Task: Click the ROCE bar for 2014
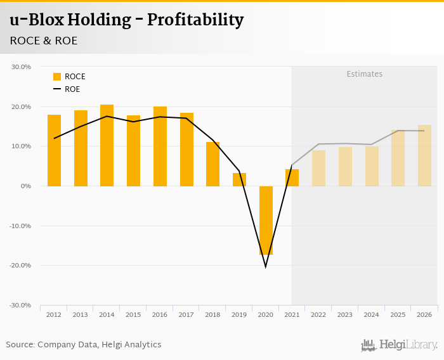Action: click(107, 145)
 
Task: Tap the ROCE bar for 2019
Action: click(239, 179)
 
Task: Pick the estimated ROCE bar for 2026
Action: click(424, 155)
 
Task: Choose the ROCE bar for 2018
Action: click(212, 164)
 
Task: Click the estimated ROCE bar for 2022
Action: click(318, 168)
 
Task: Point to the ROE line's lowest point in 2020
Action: click(266, 266)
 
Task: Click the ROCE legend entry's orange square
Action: click(57, 77)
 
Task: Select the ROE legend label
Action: click(72, 89)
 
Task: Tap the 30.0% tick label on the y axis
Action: click(22, 67)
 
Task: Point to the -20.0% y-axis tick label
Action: click(20, 265)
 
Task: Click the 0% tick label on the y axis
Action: click(26, 186)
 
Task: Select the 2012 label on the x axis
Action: click(54, 315)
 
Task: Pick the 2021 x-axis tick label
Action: click(292, 315)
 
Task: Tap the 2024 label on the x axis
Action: click(372, 315)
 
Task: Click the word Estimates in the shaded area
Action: click(364, 74)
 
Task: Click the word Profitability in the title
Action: click(195, 20)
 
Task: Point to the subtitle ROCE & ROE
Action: click(43, 41)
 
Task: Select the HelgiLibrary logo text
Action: click(408, 345)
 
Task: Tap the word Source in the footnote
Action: click(20, 345)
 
